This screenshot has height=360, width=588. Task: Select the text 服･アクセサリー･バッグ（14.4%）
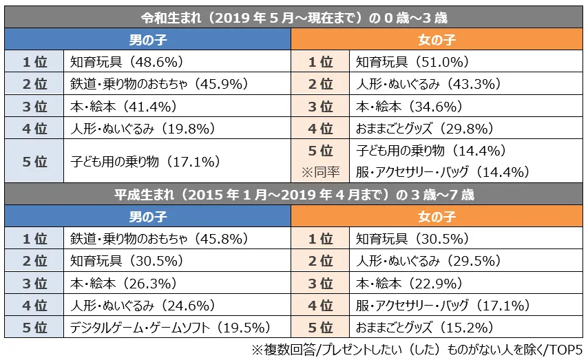[442, 172]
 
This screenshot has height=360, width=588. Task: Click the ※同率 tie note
[320, 172]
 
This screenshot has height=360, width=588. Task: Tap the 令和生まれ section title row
[294, 17]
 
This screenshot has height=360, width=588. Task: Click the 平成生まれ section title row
[294, 195]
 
